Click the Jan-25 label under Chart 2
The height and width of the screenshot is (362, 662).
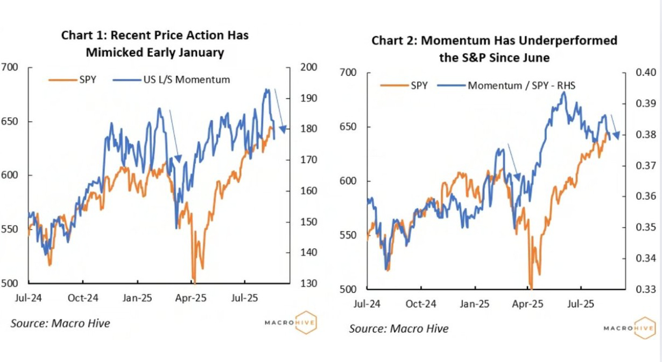[474, 304]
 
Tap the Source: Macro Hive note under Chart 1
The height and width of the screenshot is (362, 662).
[60, 323]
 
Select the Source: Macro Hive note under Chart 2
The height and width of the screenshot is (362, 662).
[399, 328]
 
